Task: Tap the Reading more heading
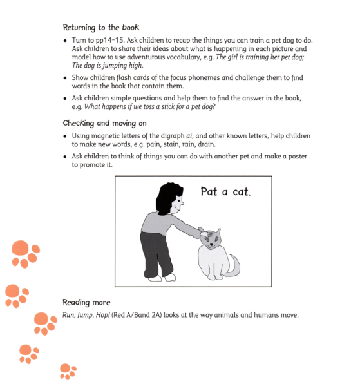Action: point(86,302)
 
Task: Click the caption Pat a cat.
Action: point(225,192)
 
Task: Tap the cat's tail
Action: point(234,264)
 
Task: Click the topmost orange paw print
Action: point(24,253)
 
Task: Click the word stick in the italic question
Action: point(171,106)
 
